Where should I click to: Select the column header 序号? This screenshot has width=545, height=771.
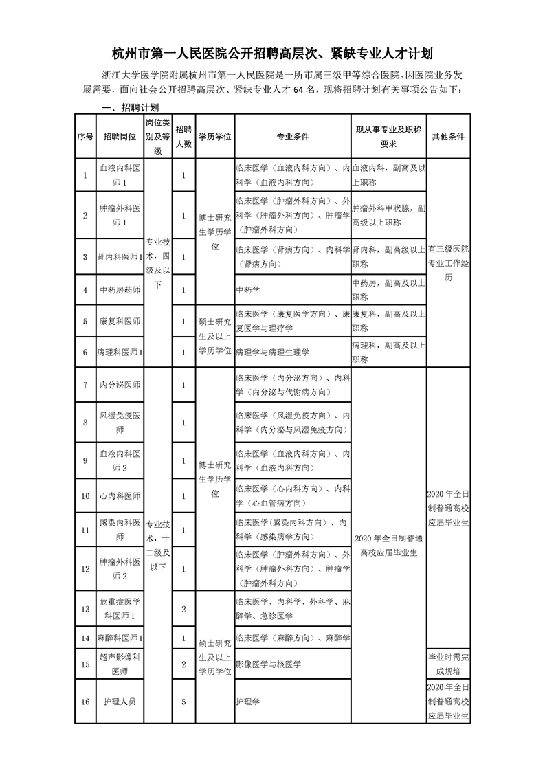pos(85,137)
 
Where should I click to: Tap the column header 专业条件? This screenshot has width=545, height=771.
pos(292,137)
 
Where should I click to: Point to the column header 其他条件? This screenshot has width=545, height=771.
pos(448,137)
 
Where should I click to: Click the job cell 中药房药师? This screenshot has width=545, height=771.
pos(120,290)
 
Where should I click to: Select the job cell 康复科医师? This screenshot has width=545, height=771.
pos(120,321)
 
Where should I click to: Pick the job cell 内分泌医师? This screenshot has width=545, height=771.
pos(120,385)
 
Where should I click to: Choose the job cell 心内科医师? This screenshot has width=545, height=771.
pos(120,495)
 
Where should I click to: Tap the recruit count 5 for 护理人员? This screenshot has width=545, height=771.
pos(183,702)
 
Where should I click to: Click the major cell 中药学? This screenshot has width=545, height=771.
pos(245,290)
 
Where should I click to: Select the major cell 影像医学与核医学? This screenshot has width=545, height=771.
pos(268,664)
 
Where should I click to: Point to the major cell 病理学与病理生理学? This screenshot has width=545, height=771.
pos(272,352)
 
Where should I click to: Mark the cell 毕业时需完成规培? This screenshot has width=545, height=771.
pos(448,664)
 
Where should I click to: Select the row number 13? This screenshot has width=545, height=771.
pos(85,609)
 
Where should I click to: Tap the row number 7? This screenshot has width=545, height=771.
pos(85,385)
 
